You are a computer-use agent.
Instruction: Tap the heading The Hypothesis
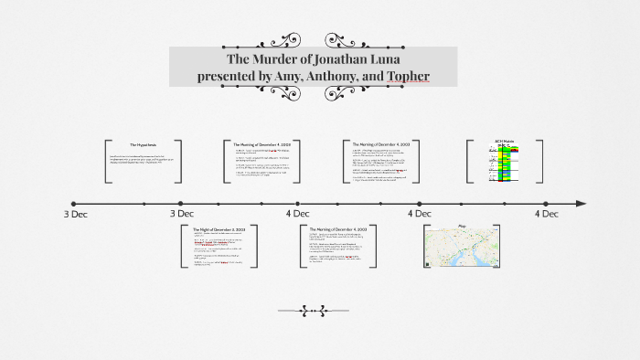(144, 144)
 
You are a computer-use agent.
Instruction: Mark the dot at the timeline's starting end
(74, 203)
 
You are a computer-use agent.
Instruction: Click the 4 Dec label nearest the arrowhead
(547, 215)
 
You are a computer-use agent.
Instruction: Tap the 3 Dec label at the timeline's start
(76, 215)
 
